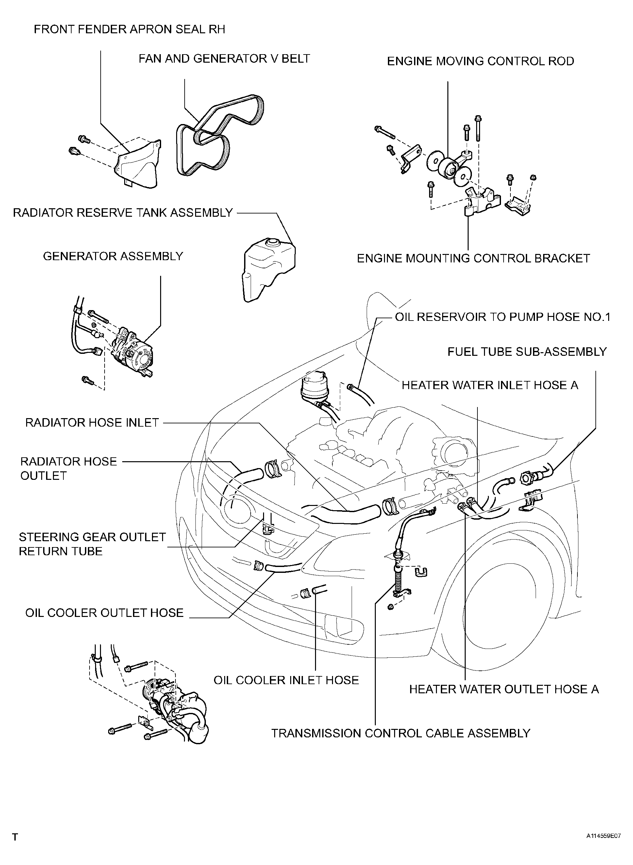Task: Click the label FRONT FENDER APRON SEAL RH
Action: pos(129,29)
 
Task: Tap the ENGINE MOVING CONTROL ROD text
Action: pos(480,61)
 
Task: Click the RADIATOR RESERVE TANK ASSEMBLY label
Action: pos(123,213)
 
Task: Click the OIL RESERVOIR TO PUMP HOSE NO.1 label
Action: pos(503,317)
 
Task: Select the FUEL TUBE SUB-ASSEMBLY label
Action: pos(527,352)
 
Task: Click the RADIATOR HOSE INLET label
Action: pos(92,423)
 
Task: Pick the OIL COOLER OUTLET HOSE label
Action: pos(105,613)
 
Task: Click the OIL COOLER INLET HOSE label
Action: pos(286,680)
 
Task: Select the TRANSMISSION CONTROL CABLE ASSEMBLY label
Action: pos(401,733)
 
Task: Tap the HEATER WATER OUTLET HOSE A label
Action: pos(504,689)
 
